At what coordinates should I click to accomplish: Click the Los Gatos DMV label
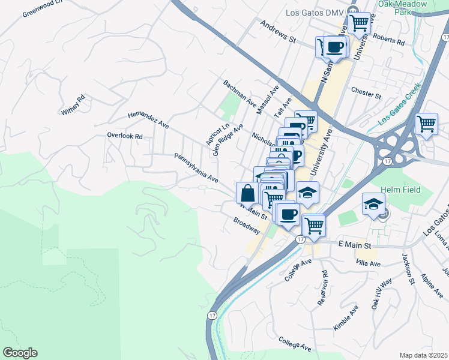312,13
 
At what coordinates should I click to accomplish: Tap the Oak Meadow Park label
402,8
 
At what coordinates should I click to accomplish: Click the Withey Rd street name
73,105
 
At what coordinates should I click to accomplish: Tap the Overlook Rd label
124,136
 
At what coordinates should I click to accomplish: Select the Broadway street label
247,226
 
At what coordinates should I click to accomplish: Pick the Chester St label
366,95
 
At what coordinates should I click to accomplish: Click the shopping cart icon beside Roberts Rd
359,23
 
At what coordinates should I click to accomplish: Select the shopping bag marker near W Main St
247,193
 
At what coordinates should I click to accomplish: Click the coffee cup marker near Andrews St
335,47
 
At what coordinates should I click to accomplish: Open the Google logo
20,353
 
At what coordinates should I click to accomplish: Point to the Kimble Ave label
345,317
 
